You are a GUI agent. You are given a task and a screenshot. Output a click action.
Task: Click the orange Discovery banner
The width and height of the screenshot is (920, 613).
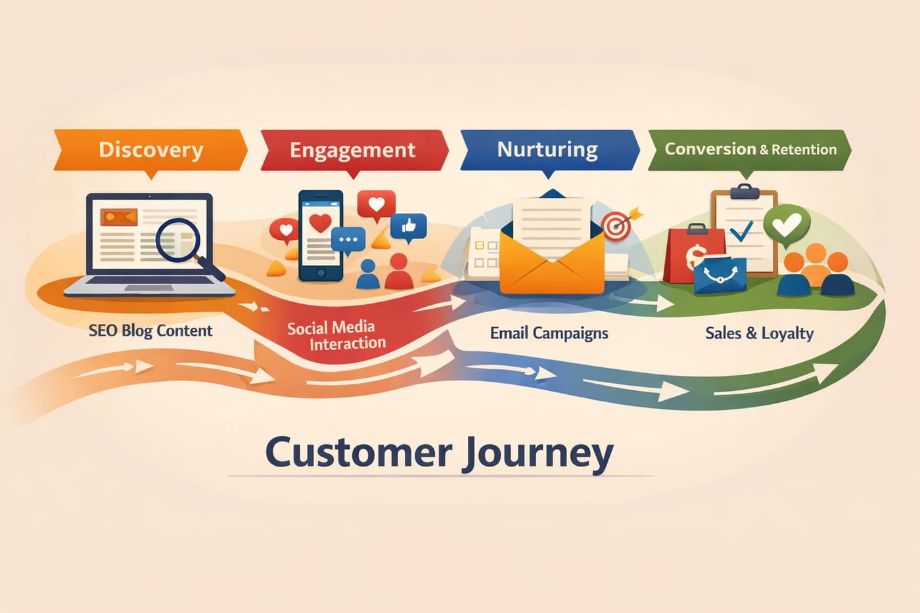pyautogui.click(x=150, y=150)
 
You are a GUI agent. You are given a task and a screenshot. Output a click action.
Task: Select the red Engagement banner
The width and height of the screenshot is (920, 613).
pyautogui.click(x=354, y=150)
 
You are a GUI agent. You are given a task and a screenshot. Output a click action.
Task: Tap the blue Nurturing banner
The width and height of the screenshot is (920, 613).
pyautogui.click(x=549, y=150)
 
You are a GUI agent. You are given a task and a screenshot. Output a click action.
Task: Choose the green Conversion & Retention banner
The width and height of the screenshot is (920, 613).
pyautogui.click(x=750, y=150)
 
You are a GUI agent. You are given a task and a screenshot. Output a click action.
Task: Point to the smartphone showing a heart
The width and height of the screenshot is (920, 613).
pyautogui.click(x=321, y=236)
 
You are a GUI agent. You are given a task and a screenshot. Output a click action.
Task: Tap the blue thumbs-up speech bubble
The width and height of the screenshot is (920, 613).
pyautogui.click(x=408, y=227)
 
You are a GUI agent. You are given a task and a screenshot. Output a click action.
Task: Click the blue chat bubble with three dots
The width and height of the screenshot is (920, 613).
pyautogui.click(x=348, y=240)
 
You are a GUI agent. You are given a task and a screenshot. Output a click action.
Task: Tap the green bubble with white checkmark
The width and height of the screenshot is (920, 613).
pyautogui.click(x=787, y=225)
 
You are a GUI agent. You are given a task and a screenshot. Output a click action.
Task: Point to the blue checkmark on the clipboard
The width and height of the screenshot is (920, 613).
pyautogui.click(x=742, y=231)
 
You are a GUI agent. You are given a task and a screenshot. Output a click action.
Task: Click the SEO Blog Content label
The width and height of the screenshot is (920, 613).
pyautogui.click(x=150, y=331)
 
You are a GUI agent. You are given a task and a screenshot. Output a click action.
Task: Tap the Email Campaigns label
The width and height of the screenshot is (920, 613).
pyautogui.click(x=549, y=333)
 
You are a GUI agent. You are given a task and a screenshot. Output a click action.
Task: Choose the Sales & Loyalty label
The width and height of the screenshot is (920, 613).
pyautogui.click(x=760, y=333)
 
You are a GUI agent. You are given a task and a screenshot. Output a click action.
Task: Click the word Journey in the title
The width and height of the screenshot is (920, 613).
pyautogui.click(x=538, y=454)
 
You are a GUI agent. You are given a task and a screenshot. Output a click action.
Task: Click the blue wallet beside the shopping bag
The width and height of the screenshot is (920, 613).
pyautogui.click(x=720, y=274)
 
